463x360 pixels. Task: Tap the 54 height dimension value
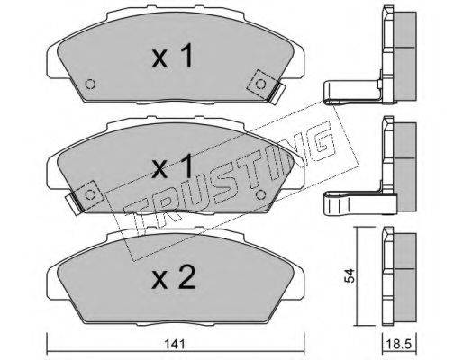coord(350,275)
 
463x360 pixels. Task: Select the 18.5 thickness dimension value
coord(399,344)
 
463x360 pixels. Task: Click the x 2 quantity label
coord(174,277)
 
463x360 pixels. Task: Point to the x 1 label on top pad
coord(173,56)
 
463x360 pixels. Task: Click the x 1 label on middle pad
coord(173,166)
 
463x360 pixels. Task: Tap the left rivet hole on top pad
coord(90,84)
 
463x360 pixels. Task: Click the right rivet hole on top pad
coord(260,85)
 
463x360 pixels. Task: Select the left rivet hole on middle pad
coord(90,195)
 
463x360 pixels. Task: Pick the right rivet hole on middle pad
coord(260,195)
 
